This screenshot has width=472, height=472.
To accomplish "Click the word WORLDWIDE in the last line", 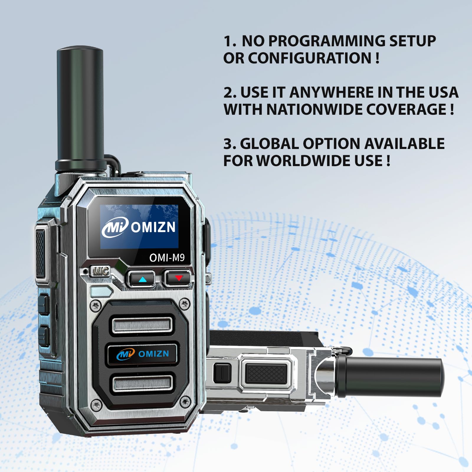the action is (x=304, y=161).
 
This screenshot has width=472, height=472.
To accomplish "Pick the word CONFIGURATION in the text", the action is (x=310, y=58).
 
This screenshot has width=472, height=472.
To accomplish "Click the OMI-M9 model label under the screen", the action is (x=167, y=258).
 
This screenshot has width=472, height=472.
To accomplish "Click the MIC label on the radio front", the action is (x=101, y=271).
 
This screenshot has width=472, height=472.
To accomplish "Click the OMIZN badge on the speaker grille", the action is (x=142, y=354).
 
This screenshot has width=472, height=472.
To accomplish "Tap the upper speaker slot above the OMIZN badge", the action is (x=142, y=324).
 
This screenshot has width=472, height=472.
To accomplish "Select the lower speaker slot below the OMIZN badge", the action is (x=142, y=383).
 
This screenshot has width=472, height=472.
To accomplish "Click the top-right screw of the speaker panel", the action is (x=185, y=304).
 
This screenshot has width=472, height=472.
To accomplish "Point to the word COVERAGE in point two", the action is (x=406, y=109).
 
